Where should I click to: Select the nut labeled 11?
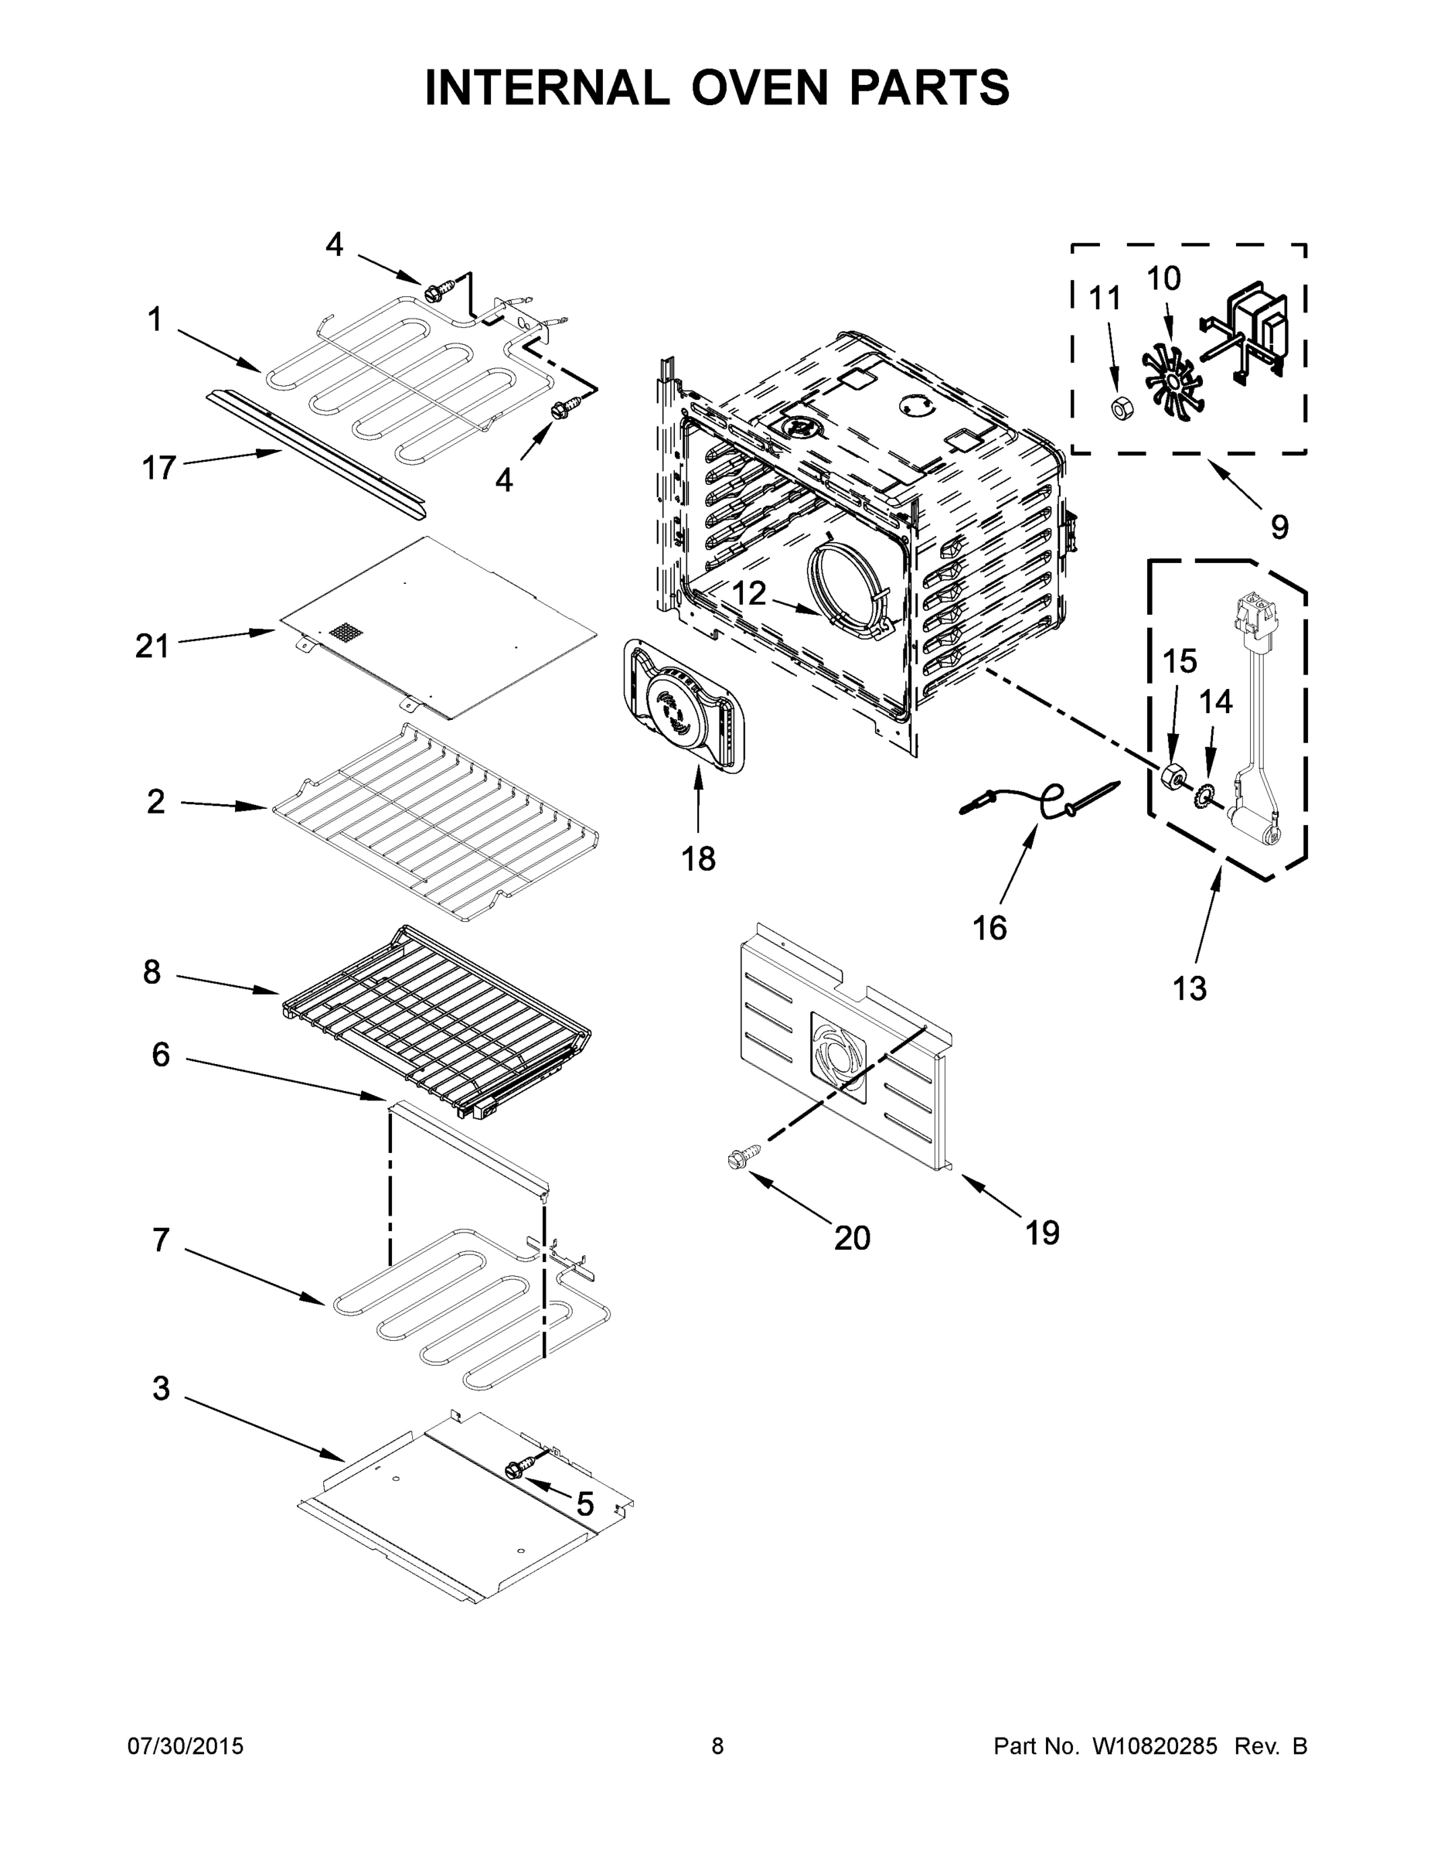1120,408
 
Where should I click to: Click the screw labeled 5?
517,1469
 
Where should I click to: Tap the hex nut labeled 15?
1173,775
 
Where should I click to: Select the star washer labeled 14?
1205,797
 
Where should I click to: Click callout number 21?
152,647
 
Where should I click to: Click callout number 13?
1190,988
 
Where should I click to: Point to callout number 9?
1279,527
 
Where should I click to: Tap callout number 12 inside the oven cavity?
748,593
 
